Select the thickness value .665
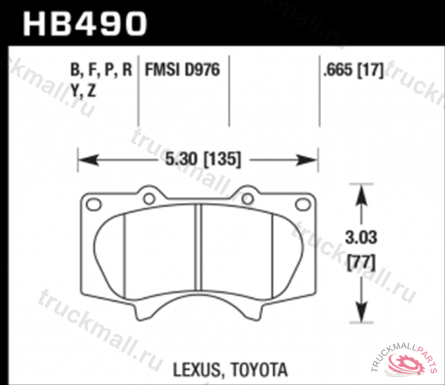click(337, 72)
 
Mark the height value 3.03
click(360, 239)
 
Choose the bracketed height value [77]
click(360, 261)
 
